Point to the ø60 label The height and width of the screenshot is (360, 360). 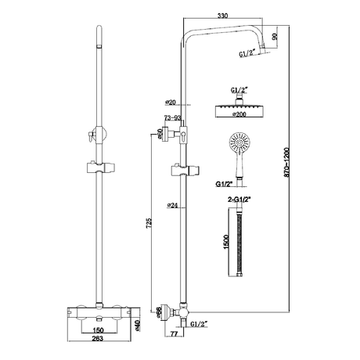[x=159, y=134]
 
